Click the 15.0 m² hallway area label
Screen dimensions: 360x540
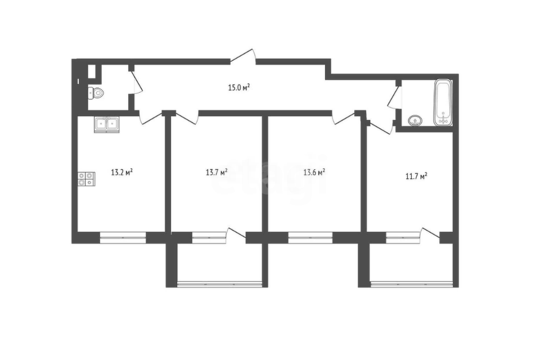(238, 87)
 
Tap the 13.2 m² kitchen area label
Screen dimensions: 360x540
(121, 172)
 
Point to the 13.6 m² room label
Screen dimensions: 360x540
(314, 172)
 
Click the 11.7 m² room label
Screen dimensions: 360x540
(416, 176)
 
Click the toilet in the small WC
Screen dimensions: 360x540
(96, 93)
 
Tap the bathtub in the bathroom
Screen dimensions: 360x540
(443, 103)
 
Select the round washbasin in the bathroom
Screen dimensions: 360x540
(415, 120)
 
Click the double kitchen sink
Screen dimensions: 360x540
(106, 124)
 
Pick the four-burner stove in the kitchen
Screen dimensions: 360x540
(86, 178)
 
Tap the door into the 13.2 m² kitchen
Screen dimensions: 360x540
(150, 116)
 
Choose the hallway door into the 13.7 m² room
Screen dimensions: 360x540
(187, 116)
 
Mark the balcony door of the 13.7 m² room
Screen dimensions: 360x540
(237, 234)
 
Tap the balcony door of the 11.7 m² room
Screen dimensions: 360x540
(430, 234)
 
